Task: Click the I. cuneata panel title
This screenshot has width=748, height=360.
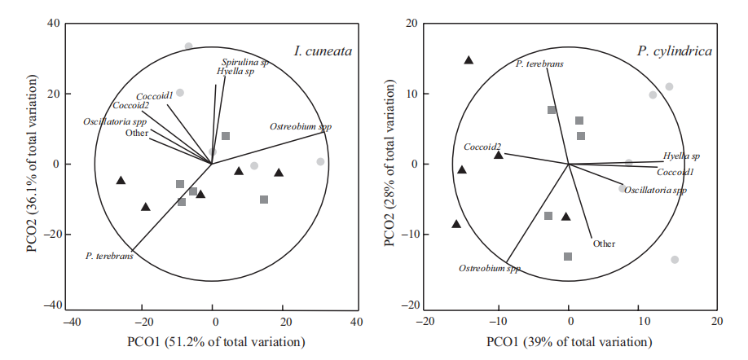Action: [x=323, y=51]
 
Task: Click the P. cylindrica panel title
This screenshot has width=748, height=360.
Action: [x=675, y=51]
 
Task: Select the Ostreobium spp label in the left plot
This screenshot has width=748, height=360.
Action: [x=301, y=127]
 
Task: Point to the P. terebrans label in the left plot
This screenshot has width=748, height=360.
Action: [x=109, y=256]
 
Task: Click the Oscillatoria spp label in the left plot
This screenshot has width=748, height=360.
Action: [x=115, y=121]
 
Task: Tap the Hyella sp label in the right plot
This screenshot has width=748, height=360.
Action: [x=681, y=156]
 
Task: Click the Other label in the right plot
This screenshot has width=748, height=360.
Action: [x=604, y=243]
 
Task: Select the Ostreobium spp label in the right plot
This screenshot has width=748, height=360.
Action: [x=489, y=268]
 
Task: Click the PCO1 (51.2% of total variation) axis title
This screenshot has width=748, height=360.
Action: [x=213, y=341]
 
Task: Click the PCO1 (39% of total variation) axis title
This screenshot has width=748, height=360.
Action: [x=569, y=341]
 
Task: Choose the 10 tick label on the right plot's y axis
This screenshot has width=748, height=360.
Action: [x=411, y=94]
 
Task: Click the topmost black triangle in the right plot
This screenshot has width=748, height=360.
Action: [x=469, y=60]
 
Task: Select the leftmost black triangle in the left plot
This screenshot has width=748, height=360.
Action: [x=121, y=180]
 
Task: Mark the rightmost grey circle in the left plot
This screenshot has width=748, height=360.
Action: [x=320, y=162]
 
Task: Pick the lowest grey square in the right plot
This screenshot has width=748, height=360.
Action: [x=568, y=257]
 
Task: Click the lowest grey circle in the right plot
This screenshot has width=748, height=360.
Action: [x=675, y=260]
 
